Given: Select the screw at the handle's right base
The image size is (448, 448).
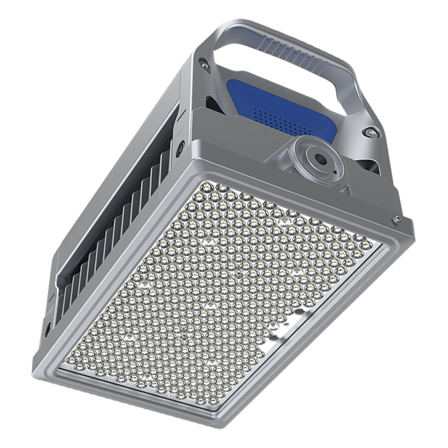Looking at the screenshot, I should click(369, 132).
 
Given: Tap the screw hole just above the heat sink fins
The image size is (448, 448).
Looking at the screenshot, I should click(182, 147).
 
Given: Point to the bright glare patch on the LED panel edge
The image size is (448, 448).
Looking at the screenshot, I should click(288, 326).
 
